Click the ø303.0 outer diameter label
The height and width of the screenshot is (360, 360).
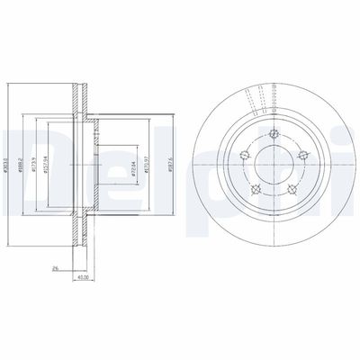coord(7,163)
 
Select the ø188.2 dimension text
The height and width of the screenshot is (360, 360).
coord(22,163)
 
